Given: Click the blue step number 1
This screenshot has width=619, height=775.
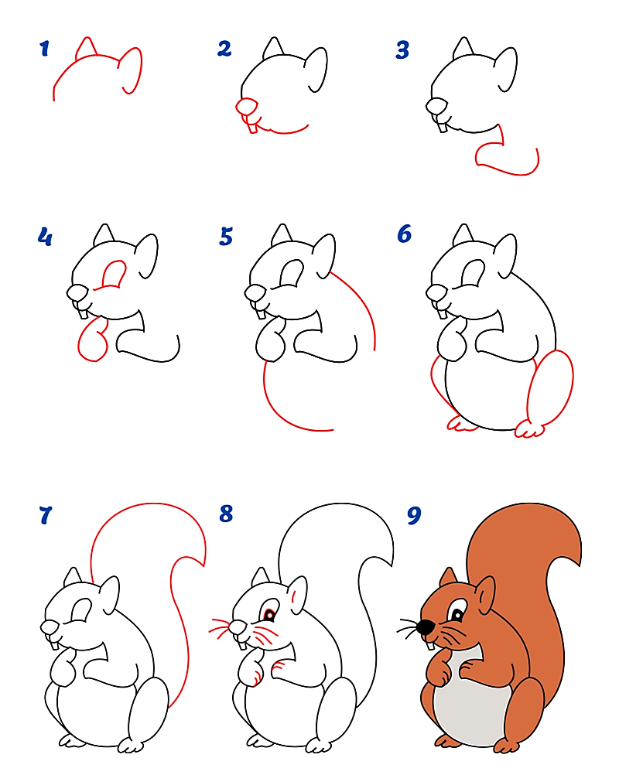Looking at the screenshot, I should pyautogui.click(x=44, y=50).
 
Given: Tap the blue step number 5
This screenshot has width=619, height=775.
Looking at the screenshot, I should pyautogui.click(x=226, y=236).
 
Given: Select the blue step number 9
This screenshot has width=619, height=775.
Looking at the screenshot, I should pyautogui.click(x=414, y=516).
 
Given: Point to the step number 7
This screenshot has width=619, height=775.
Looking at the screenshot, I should pyautogui.click(x=45, y=514).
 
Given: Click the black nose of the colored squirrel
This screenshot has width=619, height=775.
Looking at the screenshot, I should pyautogui.click(x=425, y=627).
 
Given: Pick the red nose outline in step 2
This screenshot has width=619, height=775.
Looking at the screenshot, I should pyautogui.click(x=245, y=106).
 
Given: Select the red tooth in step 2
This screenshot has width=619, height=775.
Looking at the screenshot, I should pyautogui.click(x=251, y=127).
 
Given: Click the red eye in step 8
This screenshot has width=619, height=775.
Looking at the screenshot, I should pyautogui.click(x=268, y=615).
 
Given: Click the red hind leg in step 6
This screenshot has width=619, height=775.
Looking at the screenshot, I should pyautogui.click(x=550, y=387).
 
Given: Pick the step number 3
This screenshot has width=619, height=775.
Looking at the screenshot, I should pyautogui.click(x=402, y=50).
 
